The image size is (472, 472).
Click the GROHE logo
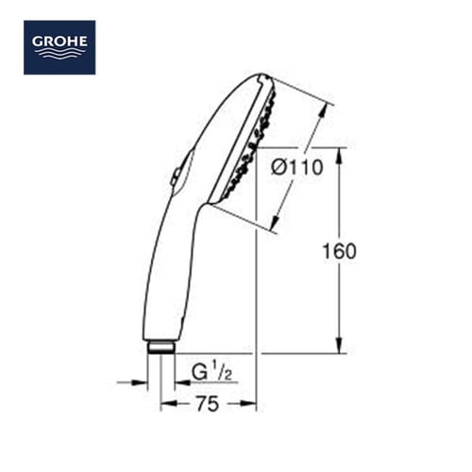click(x=59, y=47)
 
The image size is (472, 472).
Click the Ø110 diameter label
click(x=297, y=167)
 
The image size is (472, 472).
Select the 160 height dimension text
click(x=340, y=251)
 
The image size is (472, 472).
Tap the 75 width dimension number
click(x=208, y=404)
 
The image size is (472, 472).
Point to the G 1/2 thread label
click(x=211, y=372)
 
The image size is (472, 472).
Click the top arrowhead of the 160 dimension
click(x=339, y=156)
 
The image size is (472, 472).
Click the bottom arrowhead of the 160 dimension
click(x=339, y=346)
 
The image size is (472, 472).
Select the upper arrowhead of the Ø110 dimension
click(x=323, y=110)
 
